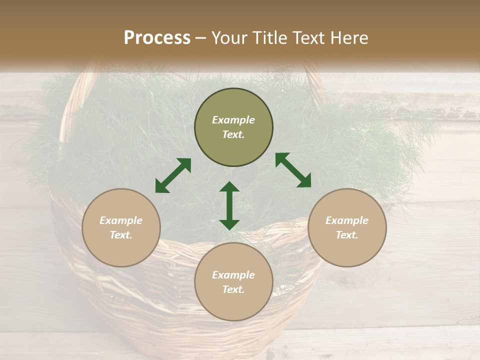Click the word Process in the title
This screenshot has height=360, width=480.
tap(157, 38)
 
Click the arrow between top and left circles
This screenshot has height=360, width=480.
tap(173, 175)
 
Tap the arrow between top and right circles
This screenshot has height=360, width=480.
tap(293, 170)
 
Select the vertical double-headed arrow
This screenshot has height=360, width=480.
tap(229, 205)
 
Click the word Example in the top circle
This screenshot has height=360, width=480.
tap(233, 120)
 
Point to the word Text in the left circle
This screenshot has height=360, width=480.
tap(121, 235)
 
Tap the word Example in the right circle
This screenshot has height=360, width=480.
tap(347, 220)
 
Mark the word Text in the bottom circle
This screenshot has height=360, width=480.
tap(233, 289)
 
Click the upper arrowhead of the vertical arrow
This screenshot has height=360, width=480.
tap(229, 186)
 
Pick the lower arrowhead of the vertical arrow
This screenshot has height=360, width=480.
tap(229, 224)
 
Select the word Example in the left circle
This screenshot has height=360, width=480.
tap(121, 220)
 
